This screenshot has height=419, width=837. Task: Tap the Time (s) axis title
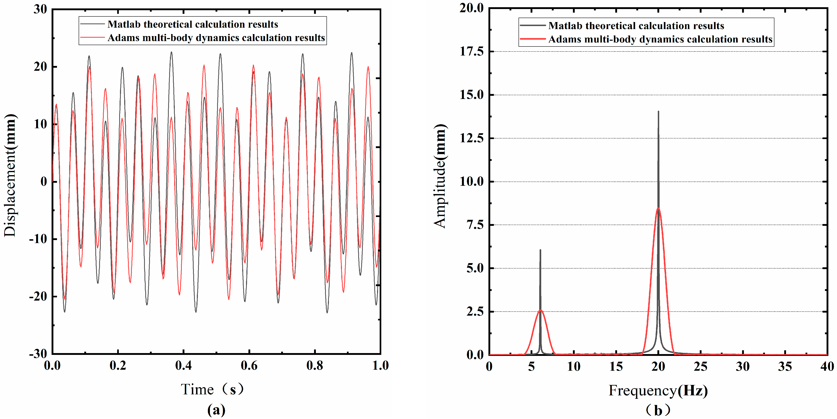(x=212, y=389)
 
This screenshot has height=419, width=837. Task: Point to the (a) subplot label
(x=216, y=410)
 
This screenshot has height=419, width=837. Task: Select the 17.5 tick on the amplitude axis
(x=471, y=51)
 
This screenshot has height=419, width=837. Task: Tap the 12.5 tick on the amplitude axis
(x=471, y=138)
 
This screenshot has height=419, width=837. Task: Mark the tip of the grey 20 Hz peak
(x=658, y=112)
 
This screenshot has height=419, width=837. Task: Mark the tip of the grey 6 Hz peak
(x=540, y=250)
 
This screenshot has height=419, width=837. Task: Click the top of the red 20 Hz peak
(x=658, y=208)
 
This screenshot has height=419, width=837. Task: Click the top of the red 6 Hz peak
(x=540, y=310)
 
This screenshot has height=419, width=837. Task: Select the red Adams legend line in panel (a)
(x=93, y=38)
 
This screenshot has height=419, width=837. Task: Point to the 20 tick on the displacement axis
(x=40, y=67)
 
